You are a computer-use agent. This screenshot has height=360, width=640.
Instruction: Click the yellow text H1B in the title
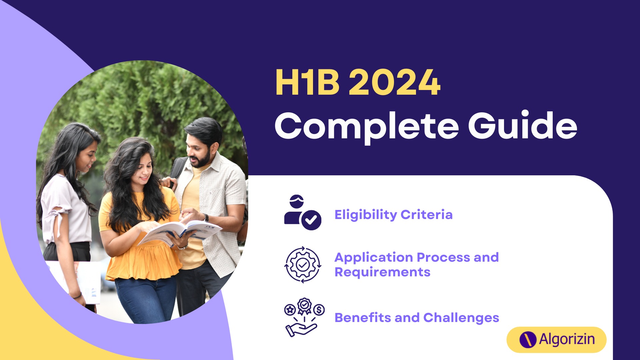tap(307, 82)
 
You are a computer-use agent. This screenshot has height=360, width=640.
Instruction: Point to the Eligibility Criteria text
tap(393, 215)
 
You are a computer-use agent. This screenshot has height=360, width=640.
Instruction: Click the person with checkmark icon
tap(303, 212)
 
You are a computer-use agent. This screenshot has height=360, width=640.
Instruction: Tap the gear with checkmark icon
tap(303, 265)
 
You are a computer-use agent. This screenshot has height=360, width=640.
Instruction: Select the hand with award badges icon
tap(304, 317)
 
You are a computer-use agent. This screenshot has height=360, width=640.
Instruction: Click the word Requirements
tap(382, 272)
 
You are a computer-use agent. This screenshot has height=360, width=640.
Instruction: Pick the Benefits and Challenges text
tap(417, 318)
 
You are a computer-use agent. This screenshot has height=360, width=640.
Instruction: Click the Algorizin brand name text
tap(567, 339)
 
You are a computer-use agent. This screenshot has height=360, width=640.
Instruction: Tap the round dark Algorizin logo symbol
tap(528, 340)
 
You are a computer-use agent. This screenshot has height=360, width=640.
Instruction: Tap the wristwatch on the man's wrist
tap(206, 218)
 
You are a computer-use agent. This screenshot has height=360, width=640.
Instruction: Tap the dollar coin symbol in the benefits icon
tap(319, 310)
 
